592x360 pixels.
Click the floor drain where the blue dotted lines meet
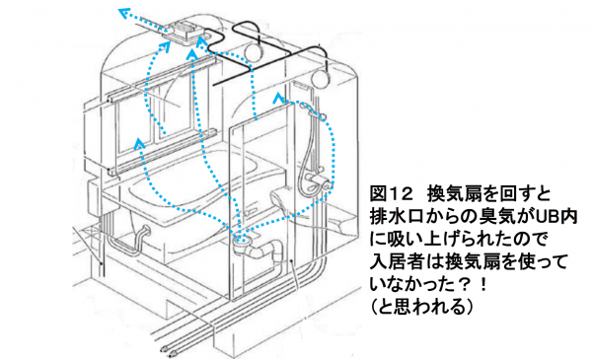pyautogui.click(x=242, y=239)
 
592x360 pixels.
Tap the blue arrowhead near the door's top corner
pyautogui.click(x=278, y=97)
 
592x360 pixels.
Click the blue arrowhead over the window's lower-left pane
pyautogui.click(x=139, y=143)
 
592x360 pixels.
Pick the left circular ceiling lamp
pyautogui.click(x=255, y=50)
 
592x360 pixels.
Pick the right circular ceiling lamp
pyautogui.click(x=321, y=78)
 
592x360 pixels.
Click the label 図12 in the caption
pyautogui.click(x=391, y=194)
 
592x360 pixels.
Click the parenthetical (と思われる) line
pyautogui.click(x=421, y=307)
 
